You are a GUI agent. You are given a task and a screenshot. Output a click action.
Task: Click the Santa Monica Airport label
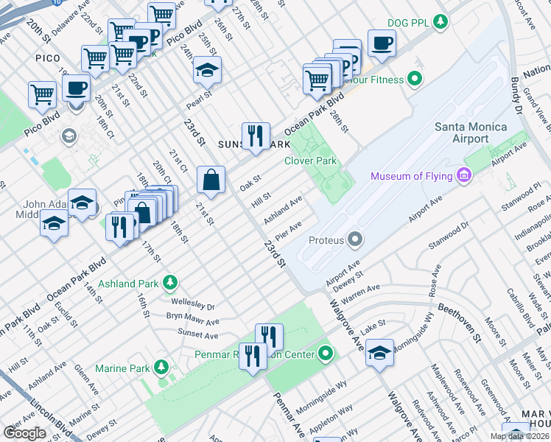click(471, 134)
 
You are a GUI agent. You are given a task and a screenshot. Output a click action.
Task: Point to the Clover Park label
click(310, 161)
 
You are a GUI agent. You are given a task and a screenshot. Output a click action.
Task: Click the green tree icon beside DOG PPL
click(441, 22)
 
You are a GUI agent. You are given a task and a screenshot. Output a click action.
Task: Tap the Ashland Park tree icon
click(170, 282)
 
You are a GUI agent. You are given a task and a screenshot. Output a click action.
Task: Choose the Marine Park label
click(122, 368)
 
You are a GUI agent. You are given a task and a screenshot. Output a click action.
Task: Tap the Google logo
click(25, 432)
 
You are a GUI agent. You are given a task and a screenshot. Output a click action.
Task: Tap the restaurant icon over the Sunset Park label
click(255, 135)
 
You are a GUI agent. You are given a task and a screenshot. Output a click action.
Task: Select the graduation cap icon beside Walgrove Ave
click(379, 351)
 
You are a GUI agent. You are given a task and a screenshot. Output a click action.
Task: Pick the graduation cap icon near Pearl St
click(207, 70)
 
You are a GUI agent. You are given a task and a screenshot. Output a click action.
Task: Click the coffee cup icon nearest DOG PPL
click(381, 43)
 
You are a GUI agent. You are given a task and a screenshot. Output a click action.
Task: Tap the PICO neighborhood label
click(46, 57)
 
